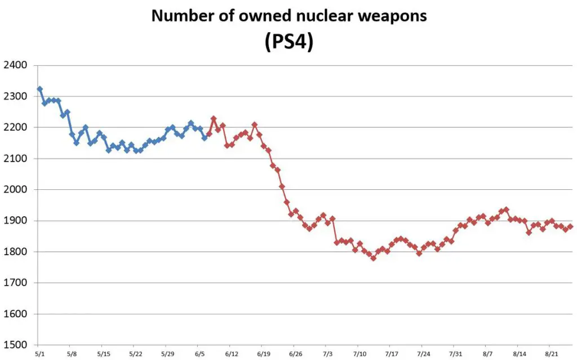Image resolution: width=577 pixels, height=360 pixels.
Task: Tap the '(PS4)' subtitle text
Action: pyautogui.click(x=288, y=42)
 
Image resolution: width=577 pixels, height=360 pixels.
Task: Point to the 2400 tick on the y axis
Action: pyautogui.click(x=16, y=65)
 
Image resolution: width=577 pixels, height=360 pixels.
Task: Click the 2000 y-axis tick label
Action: pyautogui.click(x=16, y=190)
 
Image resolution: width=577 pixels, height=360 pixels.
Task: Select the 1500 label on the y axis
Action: pyautogui.click(x=16, y=345)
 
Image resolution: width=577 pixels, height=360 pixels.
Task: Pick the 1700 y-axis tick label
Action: pyautogui.click(x=16, y=283)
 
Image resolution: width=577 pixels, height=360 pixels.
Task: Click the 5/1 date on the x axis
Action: pyautogui.click(x=39, y=354)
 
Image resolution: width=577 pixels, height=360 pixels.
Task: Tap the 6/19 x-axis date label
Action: pyautogui.click(x=263, y=354)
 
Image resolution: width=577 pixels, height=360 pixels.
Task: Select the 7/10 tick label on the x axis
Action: pyautogui.click(x=359, y=354)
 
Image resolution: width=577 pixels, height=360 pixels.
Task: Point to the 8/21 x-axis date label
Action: pyautogui.click(x=551, y=354)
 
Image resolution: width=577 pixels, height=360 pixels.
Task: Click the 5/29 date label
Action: pyautogui.click(x=167, y=354)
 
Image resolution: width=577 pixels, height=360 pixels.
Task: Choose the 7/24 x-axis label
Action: pyautogui.click(x=423, y=354)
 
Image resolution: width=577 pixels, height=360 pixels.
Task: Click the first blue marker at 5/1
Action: pyautogui.click(x=39, y=89)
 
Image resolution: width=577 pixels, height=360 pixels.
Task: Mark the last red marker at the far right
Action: pyautogui.click(x=570, y=226)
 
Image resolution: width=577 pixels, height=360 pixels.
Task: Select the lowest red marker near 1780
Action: pyautogui.click(x=373, y=258)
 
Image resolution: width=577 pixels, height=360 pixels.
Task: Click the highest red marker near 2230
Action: pyautogui.click(x=214, y=119)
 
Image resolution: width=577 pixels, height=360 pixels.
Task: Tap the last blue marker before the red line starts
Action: pyautogui.click(x=205, y=137)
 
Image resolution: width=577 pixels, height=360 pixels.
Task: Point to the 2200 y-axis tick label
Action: pyautogui.click(x=16, y=128)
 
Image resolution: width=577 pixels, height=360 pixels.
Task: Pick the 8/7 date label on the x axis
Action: pyautogui.click(x=488, y=354)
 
